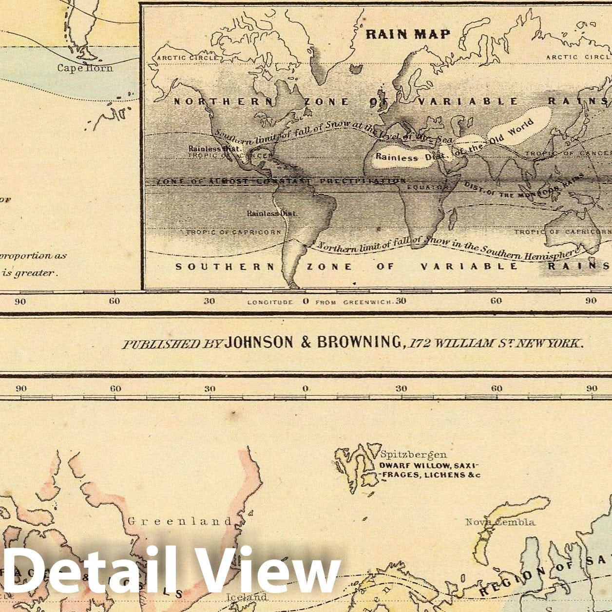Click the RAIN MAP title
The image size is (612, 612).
click(408, 34)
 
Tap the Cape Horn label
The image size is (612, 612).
click(85, 68)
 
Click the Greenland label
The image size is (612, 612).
click(180, 521)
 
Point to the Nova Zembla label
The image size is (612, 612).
click(500, 522)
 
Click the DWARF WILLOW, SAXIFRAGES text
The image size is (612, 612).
click(429, 470)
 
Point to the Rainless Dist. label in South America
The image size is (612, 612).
click(271, 213)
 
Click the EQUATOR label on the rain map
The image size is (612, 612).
click(427, 187)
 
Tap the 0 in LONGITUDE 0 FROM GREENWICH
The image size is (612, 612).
click(306, 301)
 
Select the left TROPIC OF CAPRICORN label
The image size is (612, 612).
click(233, 232)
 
